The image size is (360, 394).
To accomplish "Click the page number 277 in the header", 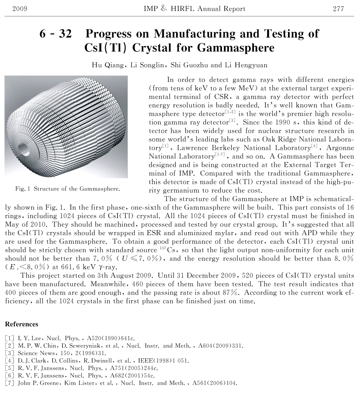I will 338,9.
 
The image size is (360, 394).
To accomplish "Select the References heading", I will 22,324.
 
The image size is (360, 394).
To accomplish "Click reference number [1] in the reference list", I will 9,338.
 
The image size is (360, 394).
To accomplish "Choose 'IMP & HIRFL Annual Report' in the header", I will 195,9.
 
